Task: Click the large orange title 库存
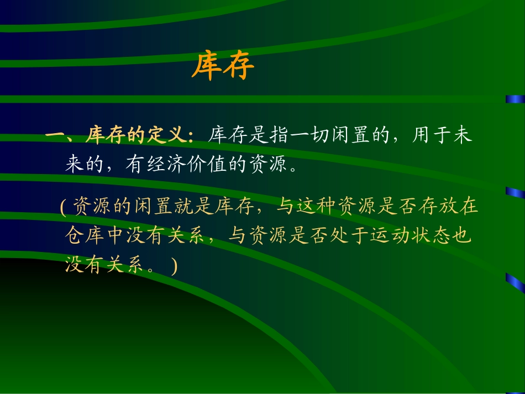(x=223, y=67)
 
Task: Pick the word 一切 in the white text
(x=319, y=136)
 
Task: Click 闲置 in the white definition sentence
(x=360, y=136)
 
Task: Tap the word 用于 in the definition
(x=431, y=136)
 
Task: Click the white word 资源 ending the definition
(x=269, y=165)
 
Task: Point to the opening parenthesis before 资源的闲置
(x=63, y=208)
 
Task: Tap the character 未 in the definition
(x=462, y=136)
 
